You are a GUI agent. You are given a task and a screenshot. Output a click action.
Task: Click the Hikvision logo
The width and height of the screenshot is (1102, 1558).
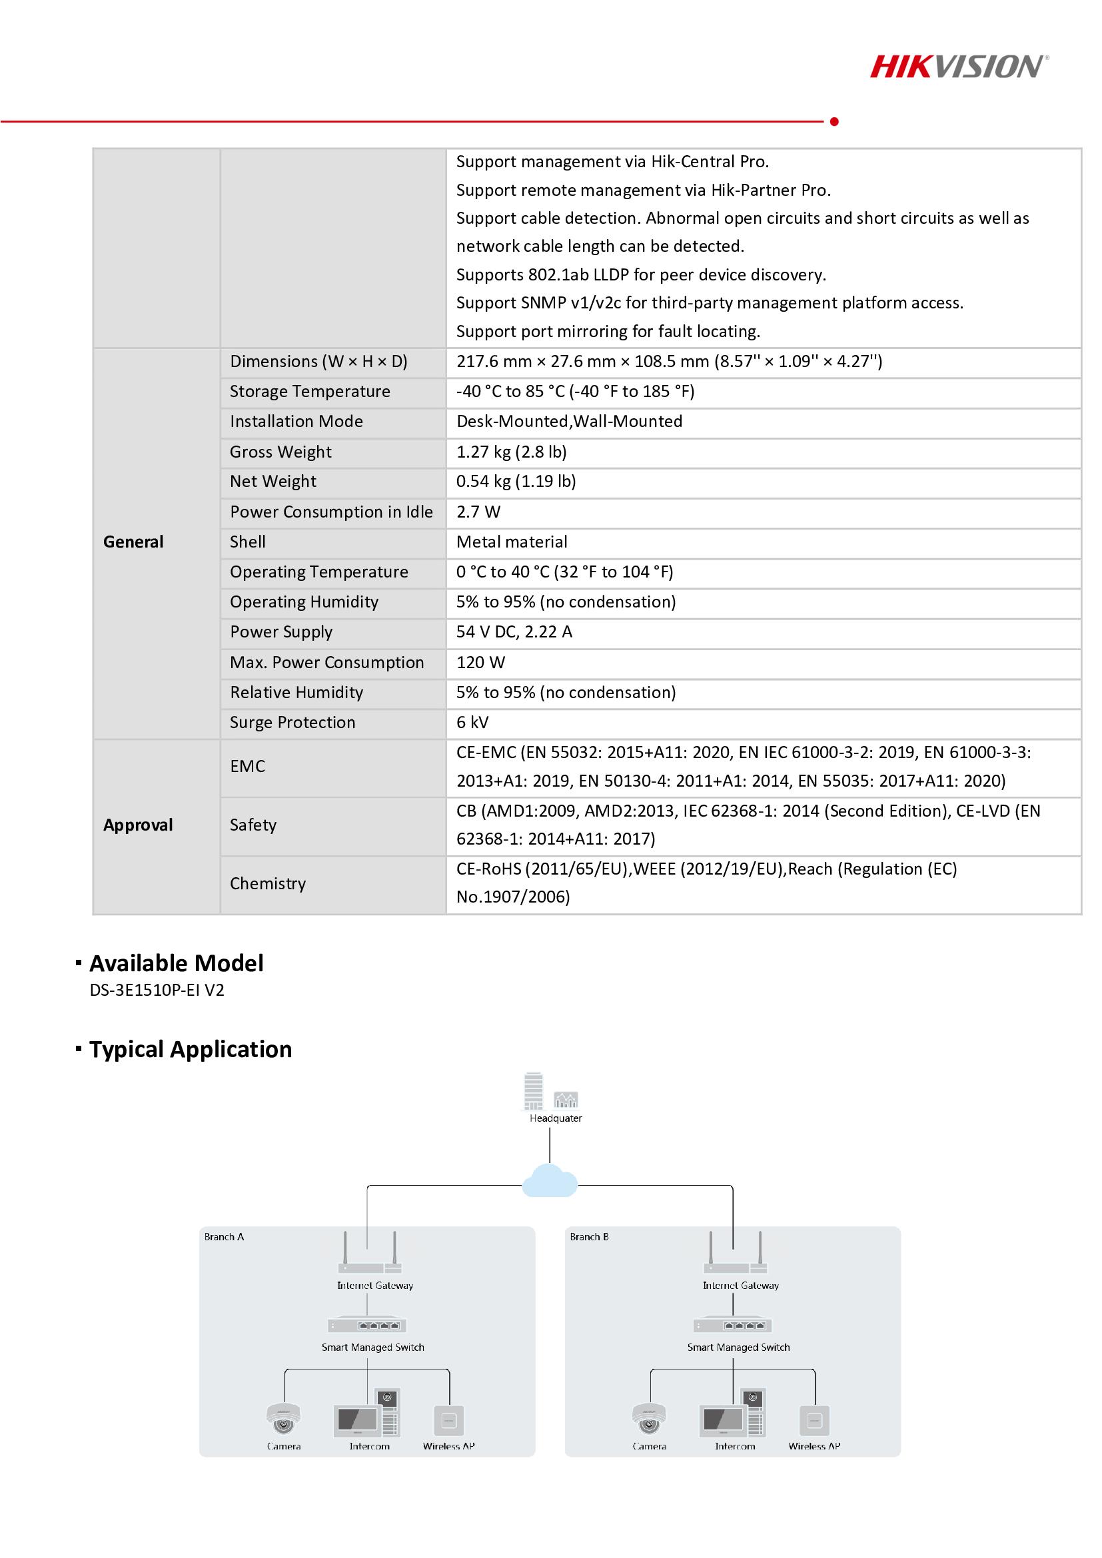959,67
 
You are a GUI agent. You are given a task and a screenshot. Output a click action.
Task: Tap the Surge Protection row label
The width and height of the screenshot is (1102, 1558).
292,722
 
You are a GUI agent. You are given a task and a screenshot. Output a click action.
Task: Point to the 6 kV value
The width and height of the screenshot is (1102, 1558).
472,722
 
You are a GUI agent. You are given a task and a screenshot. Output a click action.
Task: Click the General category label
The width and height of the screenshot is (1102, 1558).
133,542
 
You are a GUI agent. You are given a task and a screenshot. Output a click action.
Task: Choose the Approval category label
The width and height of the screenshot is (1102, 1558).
138,825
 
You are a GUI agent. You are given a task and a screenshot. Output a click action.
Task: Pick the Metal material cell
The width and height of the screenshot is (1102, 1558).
512,542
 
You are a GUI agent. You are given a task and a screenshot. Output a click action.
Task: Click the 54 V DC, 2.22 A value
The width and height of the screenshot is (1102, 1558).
514,631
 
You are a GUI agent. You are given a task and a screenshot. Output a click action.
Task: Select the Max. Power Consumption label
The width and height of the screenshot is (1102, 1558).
326,662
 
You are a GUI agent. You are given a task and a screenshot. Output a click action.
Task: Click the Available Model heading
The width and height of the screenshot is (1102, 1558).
177,963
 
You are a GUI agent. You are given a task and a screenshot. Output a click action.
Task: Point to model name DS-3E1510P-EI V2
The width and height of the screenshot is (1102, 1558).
157,990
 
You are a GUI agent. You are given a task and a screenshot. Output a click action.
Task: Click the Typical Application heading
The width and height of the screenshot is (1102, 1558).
191,1049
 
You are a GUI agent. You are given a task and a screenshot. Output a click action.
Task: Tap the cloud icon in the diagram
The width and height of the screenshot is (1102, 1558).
550,1182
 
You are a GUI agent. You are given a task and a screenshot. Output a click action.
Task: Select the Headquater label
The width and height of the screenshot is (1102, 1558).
556,1118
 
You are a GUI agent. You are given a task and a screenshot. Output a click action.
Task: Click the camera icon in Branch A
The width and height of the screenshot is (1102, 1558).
284,1418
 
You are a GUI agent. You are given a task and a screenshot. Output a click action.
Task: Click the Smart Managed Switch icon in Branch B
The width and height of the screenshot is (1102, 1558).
733,1326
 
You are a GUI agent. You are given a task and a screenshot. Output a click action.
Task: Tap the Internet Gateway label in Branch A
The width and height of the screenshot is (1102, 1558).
375,1285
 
